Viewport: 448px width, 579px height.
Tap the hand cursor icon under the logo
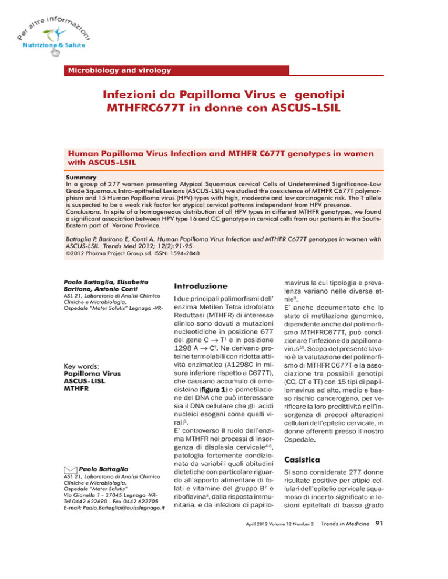point(57,52)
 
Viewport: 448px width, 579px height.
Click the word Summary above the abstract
point(83,174)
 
